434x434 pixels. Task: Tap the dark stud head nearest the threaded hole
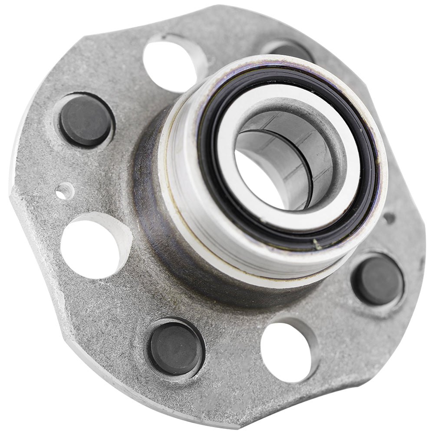point(85,120)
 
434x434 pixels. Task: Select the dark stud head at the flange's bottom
point(175,349)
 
